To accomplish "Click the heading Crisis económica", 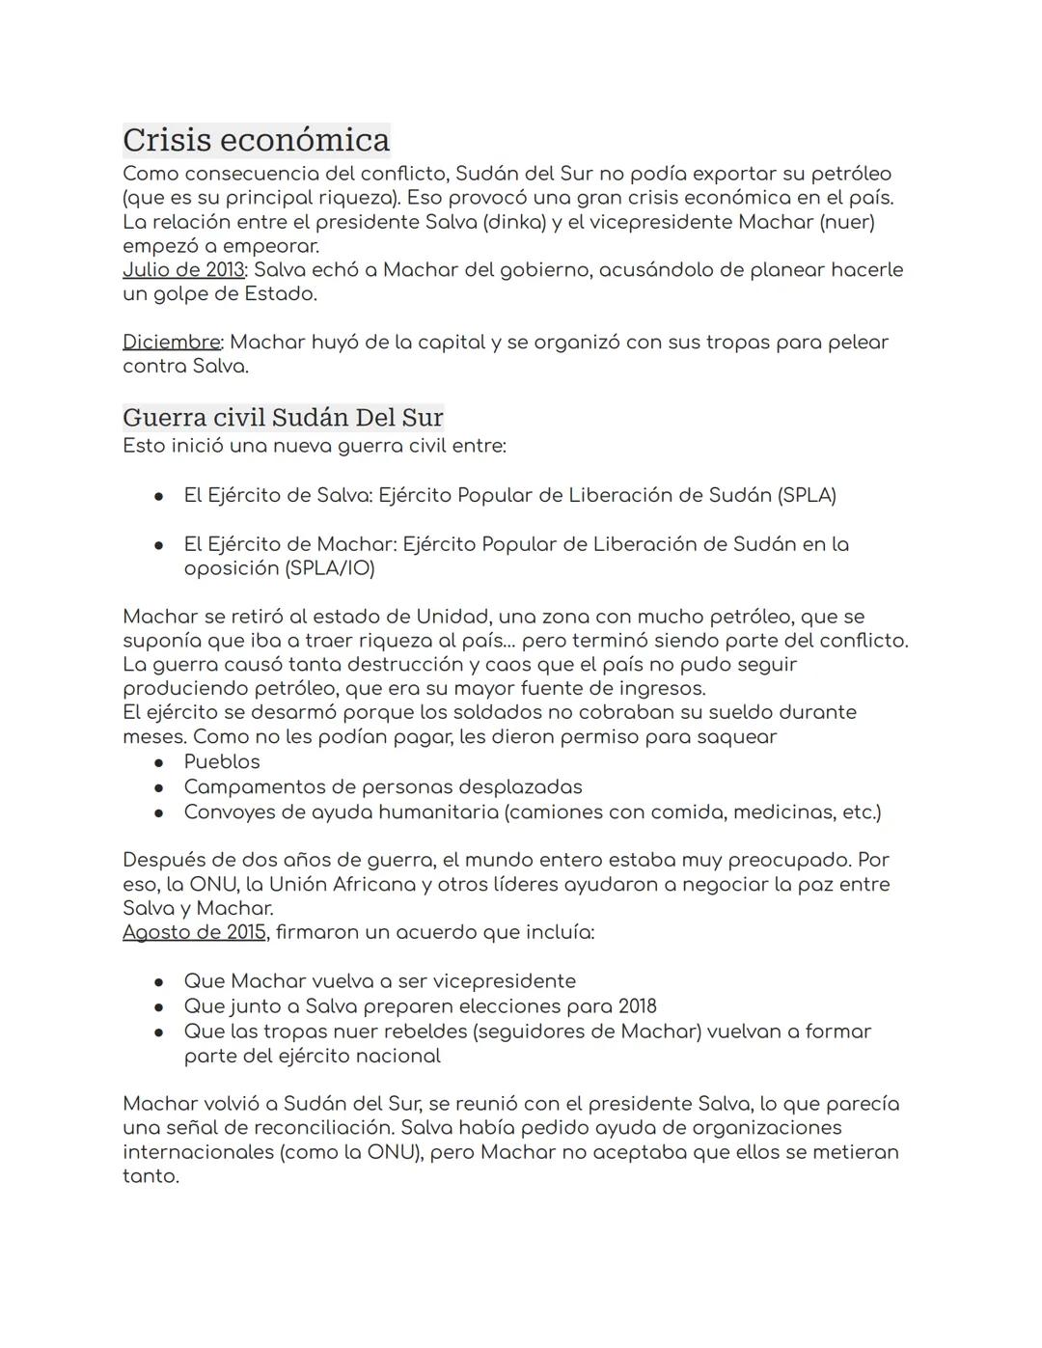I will (x=256, y=140).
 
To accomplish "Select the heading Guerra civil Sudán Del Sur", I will (x=283, y=418).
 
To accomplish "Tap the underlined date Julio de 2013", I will (x=183, y=270).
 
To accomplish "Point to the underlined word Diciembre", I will (x=171, y=343).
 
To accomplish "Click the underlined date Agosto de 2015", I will (x=194, y=933).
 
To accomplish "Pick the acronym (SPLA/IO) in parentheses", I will (x=329, y=568).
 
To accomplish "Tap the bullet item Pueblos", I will (x=222, y=762).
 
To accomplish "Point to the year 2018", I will (x=637, y=1006).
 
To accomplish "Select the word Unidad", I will (x=452, y=617).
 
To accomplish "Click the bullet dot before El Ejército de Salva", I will (x=157, y=496).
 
